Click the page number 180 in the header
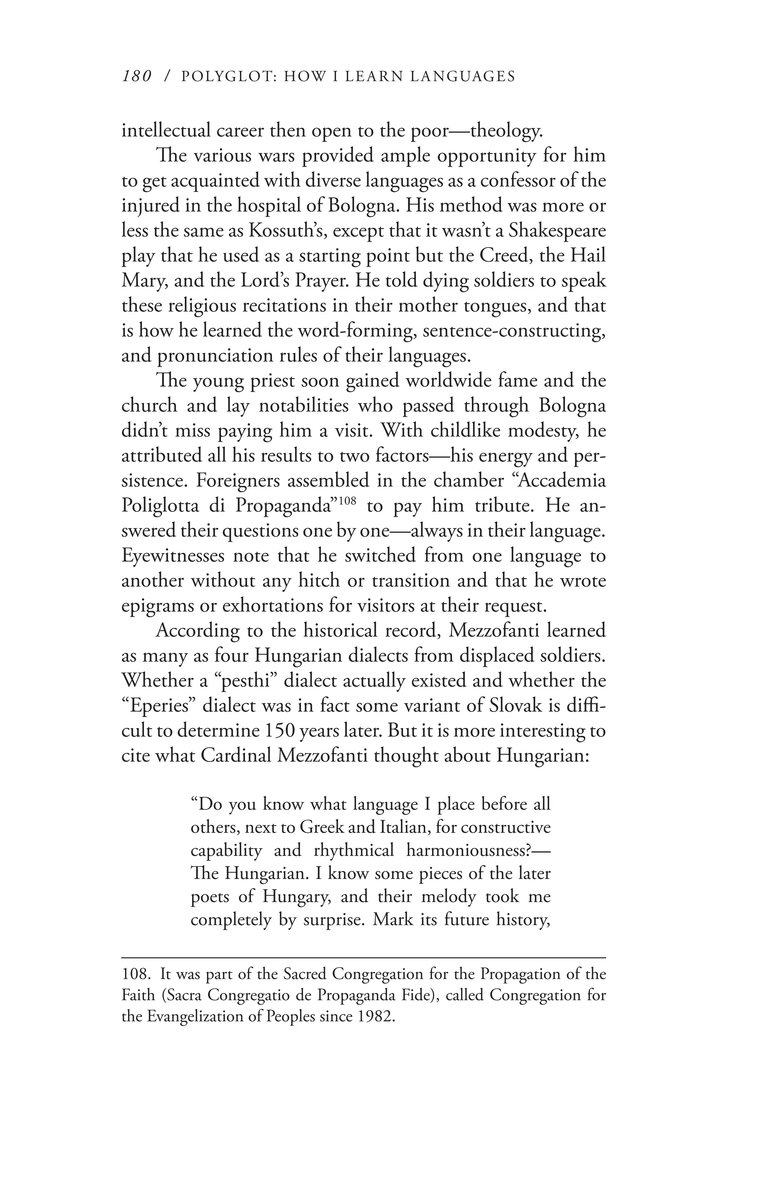135,77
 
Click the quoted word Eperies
160,706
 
